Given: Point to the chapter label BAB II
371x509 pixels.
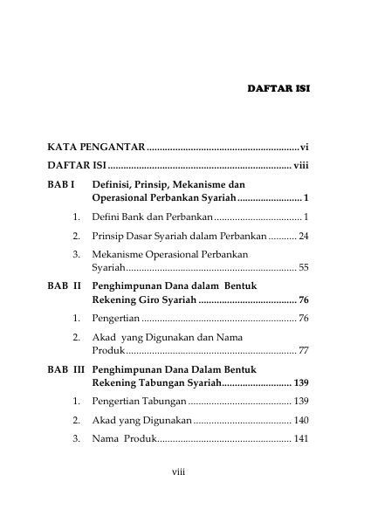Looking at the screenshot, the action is pyautogui.click(x=64, y=285).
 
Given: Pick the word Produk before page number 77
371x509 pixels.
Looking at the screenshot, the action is pyautogui.click(x=108, y=350).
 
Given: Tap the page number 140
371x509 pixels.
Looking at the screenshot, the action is pyautogui.click(x=301, y=420).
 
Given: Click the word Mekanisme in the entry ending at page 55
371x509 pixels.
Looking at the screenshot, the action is pyautogui.click(x=120, y=254).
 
